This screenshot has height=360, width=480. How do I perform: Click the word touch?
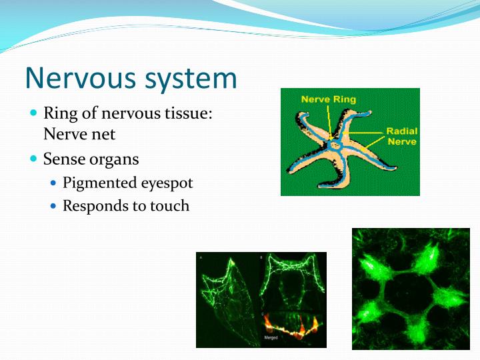(x=169, y=206)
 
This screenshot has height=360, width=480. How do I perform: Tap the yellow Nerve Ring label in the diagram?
(x=328, y=99)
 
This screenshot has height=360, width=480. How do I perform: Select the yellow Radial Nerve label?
(x=401, y=136)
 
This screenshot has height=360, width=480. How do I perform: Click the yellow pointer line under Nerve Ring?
(x=329, y=120)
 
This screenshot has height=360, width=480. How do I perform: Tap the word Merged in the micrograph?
(x=270, y=338)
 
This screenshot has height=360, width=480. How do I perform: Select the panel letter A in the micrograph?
(x=201, y=257)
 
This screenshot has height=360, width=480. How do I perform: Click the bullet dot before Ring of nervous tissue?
(x=34, y=113)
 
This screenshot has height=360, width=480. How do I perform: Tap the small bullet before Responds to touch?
(x=54, y=206)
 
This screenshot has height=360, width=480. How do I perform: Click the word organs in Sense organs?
(x=119, y=160)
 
